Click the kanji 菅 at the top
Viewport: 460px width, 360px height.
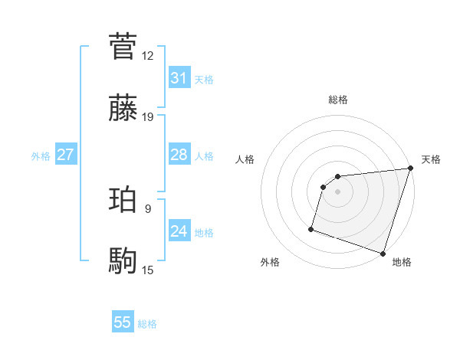pos(123,46)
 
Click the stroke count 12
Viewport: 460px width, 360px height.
pos(148,55)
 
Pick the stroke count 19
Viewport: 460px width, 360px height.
pos(148,117)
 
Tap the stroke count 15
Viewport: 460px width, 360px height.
pos(148,270)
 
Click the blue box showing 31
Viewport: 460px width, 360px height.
pos(179,78)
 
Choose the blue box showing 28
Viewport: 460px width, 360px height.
pos(179,155)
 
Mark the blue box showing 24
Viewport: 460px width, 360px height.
pos(179,231)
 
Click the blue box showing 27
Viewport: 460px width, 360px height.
pos(65,155)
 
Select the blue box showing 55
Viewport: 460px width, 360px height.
pos(123,322)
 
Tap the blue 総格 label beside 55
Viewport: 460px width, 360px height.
pos(147,324)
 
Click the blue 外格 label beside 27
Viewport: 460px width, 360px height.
pos(41,156)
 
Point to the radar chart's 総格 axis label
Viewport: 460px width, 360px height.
pos(338,100)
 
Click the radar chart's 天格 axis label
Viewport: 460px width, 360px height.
pos(431,159)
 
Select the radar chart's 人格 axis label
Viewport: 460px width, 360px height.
pos(245,159)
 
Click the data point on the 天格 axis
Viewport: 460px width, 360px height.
pos(410,169)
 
